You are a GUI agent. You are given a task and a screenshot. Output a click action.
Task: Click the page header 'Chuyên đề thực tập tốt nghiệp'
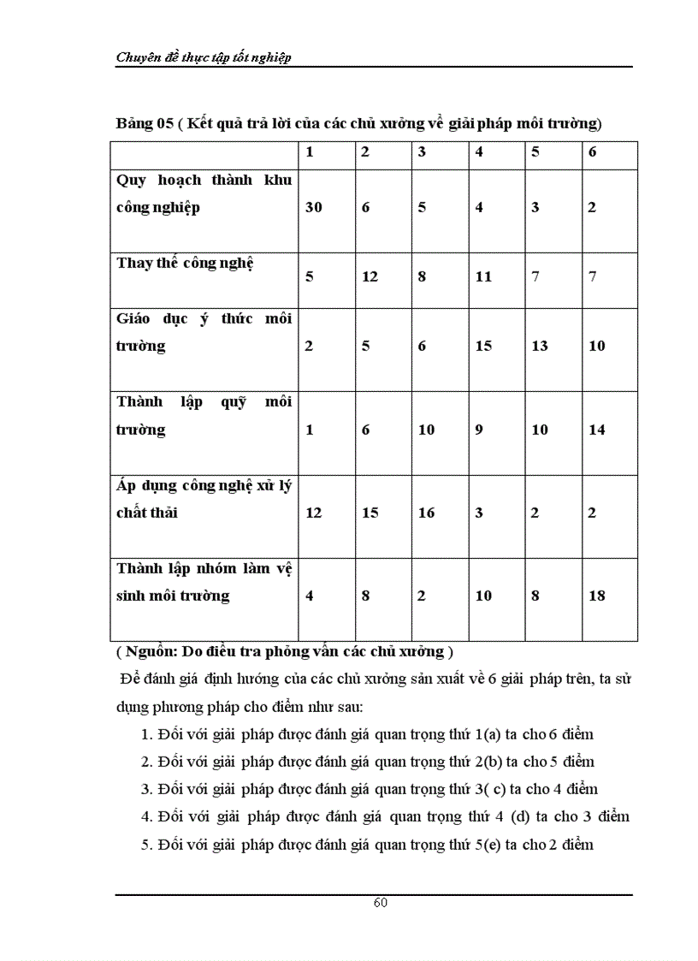click(204, 56)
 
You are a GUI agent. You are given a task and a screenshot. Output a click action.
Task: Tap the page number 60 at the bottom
click(381, 904)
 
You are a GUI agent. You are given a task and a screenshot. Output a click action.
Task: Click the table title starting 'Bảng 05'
click(359, 123)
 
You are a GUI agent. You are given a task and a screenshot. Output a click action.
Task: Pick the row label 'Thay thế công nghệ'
click(186, 263)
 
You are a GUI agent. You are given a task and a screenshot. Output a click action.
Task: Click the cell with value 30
click(314, 207)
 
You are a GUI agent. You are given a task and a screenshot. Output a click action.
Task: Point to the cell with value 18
click(597, 596)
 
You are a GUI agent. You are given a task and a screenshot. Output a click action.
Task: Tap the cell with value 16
click(427, 513)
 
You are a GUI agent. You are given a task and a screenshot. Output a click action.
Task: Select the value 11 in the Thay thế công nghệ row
click(483, 276)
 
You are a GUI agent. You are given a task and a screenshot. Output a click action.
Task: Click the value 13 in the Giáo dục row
click(540, 346)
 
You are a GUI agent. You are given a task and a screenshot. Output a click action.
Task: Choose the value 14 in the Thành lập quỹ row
click(597, 430)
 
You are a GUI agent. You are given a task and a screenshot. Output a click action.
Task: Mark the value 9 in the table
click(479, 430)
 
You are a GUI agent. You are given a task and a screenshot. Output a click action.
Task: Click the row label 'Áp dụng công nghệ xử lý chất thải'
click(204, 499)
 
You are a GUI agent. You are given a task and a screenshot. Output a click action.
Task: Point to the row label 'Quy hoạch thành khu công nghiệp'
click(204, 193)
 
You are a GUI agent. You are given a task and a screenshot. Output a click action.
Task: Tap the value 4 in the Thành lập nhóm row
click(310, 596)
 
